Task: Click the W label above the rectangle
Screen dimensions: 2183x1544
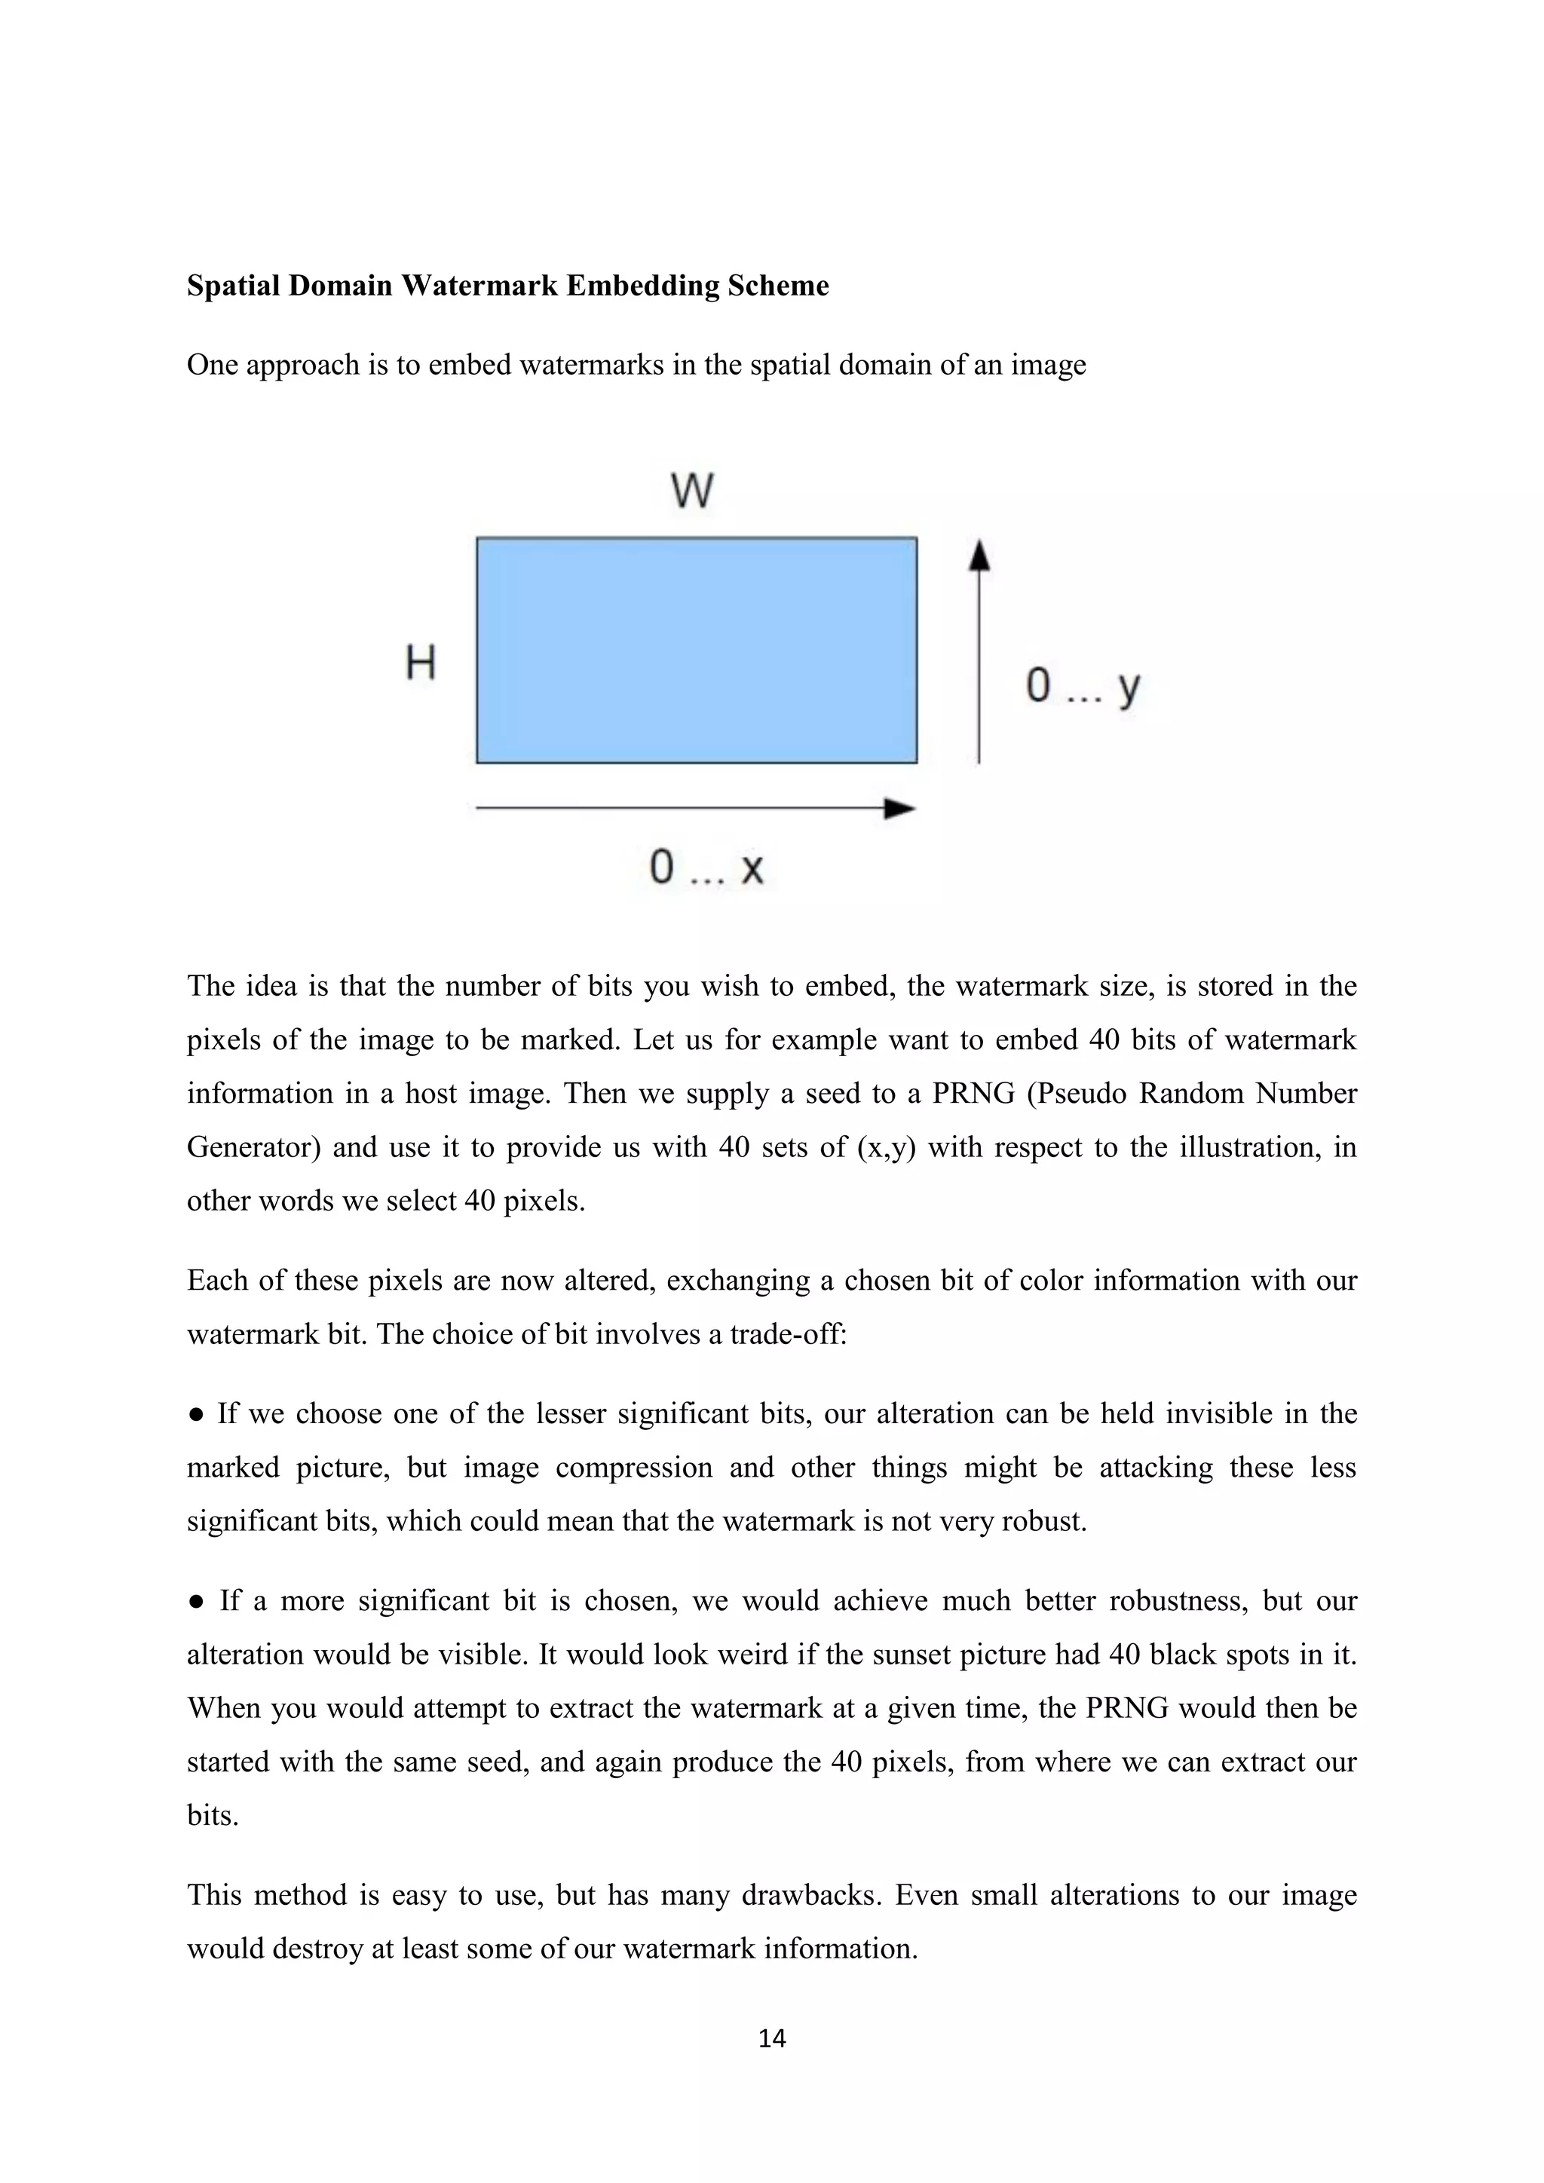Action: tap(692, 491)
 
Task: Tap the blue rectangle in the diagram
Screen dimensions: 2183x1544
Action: tap(696, 651)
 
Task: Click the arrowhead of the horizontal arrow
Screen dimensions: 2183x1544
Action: tap(899, 809)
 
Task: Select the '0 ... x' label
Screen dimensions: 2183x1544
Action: tap(706, 867)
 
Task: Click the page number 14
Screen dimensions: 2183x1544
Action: tap(772, 2038)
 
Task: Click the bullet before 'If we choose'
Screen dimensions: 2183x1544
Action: tap(196, 1415)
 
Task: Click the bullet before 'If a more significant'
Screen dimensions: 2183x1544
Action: tap(196, 1602)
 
